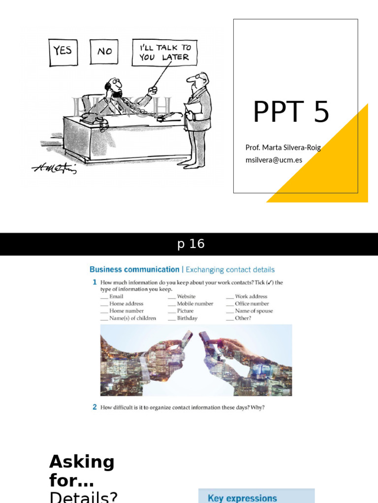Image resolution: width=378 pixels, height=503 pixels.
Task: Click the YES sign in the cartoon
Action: click(x=63, y=51)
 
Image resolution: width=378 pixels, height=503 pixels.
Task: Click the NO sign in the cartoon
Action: click(x=104, y=51)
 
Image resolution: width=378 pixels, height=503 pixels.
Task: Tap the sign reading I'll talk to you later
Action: click(x=164, y=53)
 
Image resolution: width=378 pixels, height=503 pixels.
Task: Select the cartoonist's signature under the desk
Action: click(x=54, y=168)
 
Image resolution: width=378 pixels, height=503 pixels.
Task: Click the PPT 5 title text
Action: click(x=290, y=112)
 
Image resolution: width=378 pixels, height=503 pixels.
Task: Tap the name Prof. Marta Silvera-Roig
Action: click(x=283, y=148)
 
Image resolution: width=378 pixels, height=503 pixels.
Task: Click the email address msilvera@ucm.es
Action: click(x=274, y=160)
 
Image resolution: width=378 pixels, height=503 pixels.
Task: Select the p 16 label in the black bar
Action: click(x=191, y=244)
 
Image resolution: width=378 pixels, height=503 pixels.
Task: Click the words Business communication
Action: click(x=134, y=270)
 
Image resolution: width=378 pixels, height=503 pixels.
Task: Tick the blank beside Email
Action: click(x=104, y=297)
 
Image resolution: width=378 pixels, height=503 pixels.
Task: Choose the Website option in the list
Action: click(x=186, y=297)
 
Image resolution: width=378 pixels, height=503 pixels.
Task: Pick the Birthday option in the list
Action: click(x=187, y=318)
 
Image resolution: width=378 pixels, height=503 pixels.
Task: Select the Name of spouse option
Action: click(x=253, y=311)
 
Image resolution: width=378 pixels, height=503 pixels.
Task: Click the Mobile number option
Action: click(x=195, y=304)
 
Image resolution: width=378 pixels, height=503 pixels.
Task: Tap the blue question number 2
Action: click(x=94, y=407)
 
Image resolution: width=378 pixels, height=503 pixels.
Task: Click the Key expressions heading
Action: click(x=242, y=498)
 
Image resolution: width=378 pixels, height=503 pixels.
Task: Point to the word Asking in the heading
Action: click(x=82, y=462)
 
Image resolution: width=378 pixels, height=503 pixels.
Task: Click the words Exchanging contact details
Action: click(x=230, y=270)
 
